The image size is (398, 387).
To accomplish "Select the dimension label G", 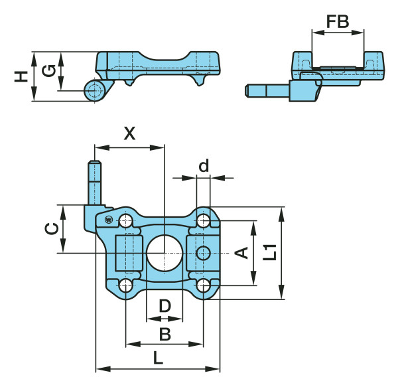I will [x=47, y=71].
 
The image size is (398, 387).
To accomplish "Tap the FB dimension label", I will [x=338, y=21].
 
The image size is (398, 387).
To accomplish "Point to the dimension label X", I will [x=130, y=133].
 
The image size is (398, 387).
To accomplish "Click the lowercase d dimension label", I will [x=204, y=166].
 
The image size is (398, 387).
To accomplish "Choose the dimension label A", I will [x=242, y=253].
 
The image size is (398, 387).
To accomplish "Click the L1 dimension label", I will [x=269, y=252].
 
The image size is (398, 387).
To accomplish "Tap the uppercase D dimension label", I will [x=165, y=307].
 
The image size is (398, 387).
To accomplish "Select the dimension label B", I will [x=165, y=334].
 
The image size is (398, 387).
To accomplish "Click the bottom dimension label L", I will [x=158, y=358].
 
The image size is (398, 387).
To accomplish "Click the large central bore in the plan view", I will [x=164, y=253].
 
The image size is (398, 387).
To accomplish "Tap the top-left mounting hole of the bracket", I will [x=126, y=220].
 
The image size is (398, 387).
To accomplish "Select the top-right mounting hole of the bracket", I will [x=204, y=220].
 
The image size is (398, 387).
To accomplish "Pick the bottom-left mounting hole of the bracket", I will [x=125, y=285].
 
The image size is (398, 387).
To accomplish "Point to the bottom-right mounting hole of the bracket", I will [x=204, y=285].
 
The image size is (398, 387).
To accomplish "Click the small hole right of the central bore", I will [x=204, y=253].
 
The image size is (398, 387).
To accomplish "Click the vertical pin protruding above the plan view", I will [x=96, y=183].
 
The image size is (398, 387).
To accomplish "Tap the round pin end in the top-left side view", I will [x=95, y=90].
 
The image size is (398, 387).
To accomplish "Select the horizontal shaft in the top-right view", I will [x=267, y=90].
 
